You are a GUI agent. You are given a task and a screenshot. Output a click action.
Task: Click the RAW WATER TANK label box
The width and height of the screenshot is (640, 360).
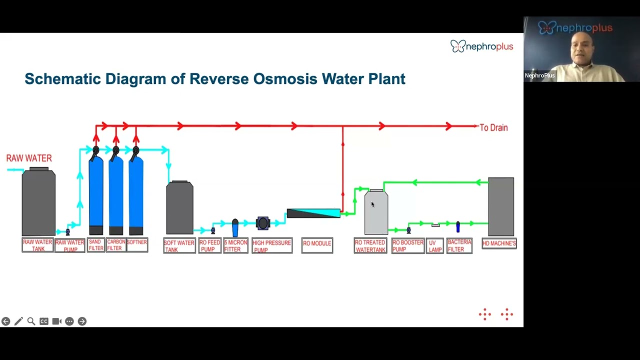[37, 245]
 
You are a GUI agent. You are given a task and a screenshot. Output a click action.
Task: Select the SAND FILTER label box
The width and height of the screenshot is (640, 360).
[96, 245]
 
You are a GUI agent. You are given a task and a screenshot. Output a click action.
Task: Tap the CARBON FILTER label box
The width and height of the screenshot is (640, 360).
[116, 245]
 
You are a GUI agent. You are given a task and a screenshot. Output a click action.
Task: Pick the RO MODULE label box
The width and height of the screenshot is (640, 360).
[317, 245]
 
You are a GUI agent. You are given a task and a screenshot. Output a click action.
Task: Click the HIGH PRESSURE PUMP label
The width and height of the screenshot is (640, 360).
[272, 245]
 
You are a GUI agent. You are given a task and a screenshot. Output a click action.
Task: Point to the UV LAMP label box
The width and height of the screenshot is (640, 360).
[435, 245]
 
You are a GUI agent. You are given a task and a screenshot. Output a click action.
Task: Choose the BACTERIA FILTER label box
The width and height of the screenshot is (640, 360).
[459, 245]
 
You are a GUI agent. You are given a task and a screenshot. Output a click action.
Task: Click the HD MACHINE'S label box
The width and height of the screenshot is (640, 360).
[499, 243]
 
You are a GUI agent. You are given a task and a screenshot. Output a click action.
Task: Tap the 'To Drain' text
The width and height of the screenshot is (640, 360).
[493, 127]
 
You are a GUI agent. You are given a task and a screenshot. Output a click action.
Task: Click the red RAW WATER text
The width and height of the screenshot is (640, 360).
[29, 158]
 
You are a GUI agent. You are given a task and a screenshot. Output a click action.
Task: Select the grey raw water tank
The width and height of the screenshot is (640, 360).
[38, 201]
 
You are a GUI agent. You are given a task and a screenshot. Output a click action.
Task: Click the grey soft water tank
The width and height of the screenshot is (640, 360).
[179, 207]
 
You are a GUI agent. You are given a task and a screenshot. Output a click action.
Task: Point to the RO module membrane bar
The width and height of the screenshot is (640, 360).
[313, 213]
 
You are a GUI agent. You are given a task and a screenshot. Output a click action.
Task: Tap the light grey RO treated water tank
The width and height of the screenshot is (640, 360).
[376, 211]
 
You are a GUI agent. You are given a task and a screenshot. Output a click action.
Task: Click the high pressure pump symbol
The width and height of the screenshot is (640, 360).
[263, 223]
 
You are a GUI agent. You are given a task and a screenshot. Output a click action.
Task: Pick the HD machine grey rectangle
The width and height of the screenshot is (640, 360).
[501, 206]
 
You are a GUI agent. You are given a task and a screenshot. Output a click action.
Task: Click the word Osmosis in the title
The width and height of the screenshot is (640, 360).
[285, 79]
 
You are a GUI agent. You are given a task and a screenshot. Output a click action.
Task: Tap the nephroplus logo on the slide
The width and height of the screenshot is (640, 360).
[482, 46]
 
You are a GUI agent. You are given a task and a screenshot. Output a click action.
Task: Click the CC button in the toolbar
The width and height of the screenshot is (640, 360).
[44, 321]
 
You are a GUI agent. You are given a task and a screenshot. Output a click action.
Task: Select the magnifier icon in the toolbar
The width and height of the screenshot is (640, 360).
[31, 321]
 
